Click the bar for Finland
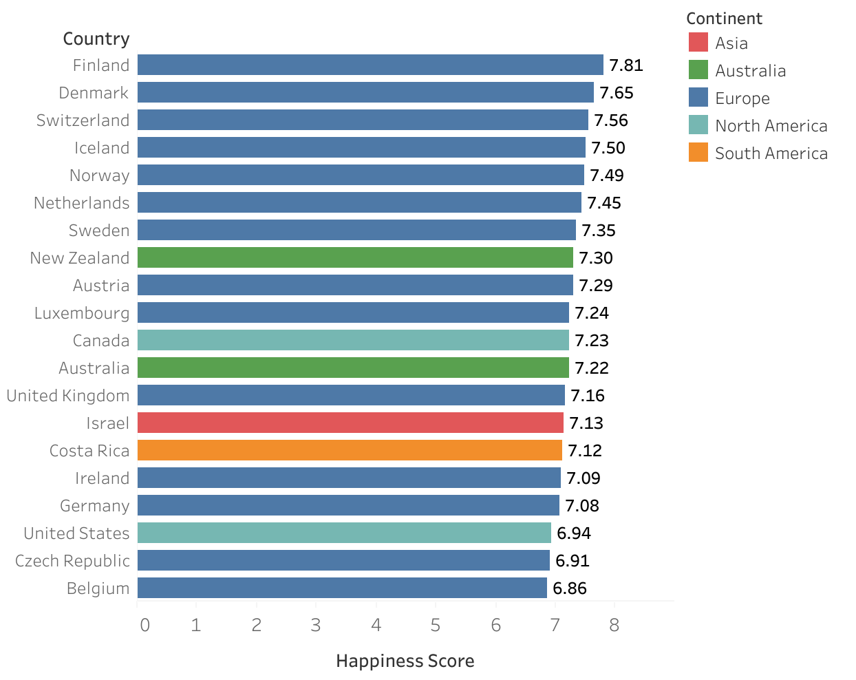(370, 65)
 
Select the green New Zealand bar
(355, 257)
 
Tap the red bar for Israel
(350, 423)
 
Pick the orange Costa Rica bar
(350, 450)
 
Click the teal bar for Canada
(353, 340)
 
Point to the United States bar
(344, 533)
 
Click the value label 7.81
(626, 65)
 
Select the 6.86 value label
(570, 588)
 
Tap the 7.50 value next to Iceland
(608, 148)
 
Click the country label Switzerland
(83, 120)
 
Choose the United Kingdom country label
(68, 396)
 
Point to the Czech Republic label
(72, 561)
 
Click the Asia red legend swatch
(698, 43)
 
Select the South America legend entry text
(771, 153)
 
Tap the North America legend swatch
(698, 125)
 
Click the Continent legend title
(724, 19)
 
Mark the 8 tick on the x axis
(614, 625)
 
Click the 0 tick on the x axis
(145, 625)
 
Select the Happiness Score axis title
(405, 661)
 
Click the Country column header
(96, 39)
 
